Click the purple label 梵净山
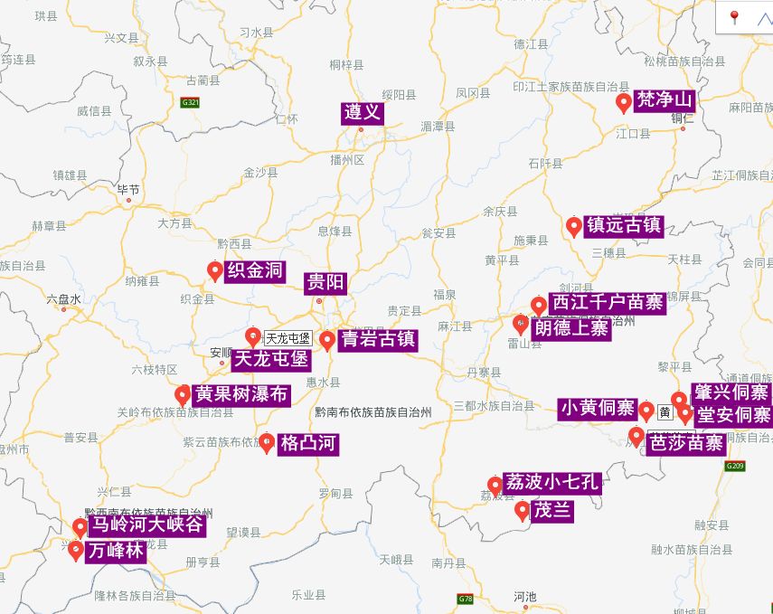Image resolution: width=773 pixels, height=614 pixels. [x=665, y=99]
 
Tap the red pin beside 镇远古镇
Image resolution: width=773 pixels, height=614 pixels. [x=573, y=226]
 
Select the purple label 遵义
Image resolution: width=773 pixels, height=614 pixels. [x=363, y=113]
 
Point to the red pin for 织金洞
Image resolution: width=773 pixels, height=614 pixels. [x=215, y=270]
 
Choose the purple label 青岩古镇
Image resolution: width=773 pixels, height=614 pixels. [x=378, y=339]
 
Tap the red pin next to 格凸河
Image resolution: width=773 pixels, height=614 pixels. [x=267, y=442]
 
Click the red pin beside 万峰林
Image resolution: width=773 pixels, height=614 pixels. [x=76, y=550]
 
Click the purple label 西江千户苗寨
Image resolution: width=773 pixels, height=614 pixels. [x=608, y=303]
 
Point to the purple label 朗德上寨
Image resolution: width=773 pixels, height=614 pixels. [x=571, y=328]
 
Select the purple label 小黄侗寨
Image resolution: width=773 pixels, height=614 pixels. [x=597, y=409]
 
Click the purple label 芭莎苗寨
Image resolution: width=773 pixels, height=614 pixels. [x=688, y=443]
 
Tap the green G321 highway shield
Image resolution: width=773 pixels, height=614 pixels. [x=190, y=102]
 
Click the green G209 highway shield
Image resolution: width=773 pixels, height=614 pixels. [x=735, y=467]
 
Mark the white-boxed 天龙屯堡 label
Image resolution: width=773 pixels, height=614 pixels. [x=288, y=338]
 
